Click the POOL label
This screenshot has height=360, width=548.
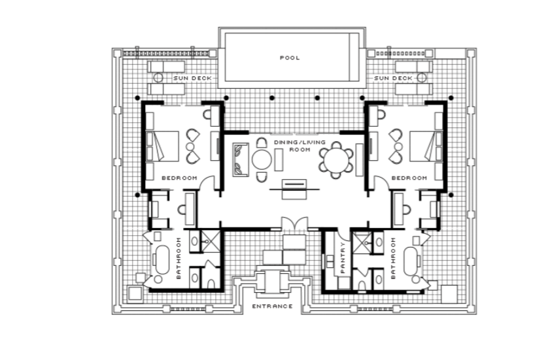tap(290, 57)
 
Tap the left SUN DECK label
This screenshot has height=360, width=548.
tap(192, 78)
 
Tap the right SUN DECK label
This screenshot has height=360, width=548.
tap(393, 78)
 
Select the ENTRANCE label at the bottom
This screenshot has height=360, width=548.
tap(273, 306)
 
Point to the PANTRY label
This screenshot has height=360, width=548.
tap(343, 257)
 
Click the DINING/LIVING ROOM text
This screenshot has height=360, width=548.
tap(300, 146)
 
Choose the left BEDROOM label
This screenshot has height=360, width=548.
tap(179, 178)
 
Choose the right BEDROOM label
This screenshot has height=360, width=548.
tap(409, 178)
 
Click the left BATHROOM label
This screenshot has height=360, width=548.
tap(179, 258)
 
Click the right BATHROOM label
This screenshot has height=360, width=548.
tap(393, 258)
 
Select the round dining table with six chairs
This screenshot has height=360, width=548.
tap(336, 160)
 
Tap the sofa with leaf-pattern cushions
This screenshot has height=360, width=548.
tap(241, 159)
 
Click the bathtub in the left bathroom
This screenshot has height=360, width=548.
tap(162, 260)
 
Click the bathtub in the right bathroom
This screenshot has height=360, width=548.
tap(411, 261)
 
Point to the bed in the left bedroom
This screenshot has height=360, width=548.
tap(163, 146)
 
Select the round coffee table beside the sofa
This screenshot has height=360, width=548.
tap(262, 159)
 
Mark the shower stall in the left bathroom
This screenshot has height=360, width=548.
tap(211, 241)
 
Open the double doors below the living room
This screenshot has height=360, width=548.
tap(295, 223)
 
